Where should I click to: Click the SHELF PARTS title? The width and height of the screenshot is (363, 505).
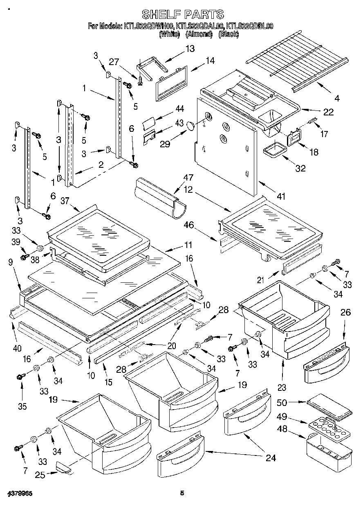[182, 14]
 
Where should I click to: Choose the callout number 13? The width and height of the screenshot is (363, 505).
[190, 49]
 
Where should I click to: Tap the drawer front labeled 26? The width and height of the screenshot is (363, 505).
[327, 360]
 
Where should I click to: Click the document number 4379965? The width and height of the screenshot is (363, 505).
[20, 494]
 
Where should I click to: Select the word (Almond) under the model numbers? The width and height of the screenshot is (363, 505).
[199, 34]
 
